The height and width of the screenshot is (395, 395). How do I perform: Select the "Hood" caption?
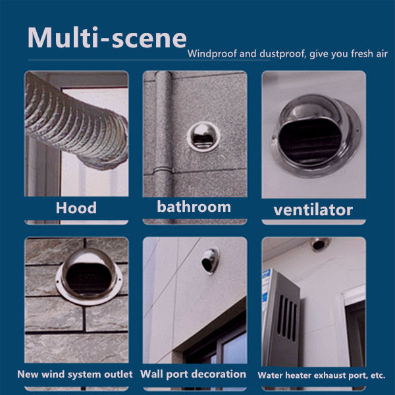(76, 208)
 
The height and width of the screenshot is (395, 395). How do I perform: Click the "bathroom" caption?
(194, 207)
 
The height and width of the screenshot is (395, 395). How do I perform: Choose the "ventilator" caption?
(313, 210)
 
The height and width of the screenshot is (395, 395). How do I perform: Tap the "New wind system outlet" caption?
(75, 374)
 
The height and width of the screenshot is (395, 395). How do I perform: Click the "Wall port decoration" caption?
(194, 374)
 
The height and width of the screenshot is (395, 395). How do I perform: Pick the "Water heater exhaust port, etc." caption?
(321, 375)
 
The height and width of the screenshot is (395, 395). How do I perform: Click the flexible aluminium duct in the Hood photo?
(72, 118)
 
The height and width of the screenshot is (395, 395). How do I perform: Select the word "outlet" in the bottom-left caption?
(118, 374)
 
